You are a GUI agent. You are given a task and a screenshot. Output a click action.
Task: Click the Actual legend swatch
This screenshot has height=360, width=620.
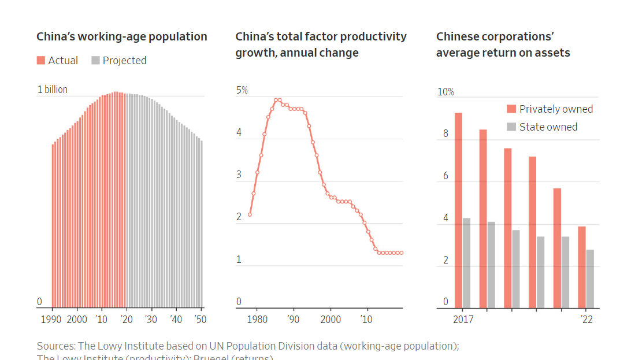coord(41,61)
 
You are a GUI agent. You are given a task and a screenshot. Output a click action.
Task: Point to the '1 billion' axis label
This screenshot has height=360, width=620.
coord(53,90)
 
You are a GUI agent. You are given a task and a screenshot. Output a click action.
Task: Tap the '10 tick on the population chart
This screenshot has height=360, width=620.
coord(101,319)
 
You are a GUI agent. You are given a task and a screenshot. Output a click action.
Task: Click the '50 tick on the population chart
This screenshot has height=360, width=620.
coord(200,319)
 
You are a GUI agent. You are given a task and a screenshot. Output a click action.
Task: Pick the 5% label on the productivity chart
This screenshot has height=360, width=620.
coord(242,90)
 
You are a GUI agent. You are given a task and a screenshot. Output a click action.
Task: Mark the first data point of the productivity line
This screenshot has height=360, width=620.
coord(250,214)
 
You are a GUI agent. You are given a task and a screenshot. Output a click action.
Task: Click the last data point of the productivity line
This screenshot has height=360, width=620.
coord(401,253)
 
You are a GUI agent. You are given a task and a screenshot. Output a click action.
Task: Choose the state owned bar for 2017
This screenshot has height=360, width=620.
coord(466,262)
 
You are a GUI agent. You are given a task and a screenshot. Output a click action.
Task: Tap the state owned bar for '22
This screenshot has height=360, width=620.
coord(590,279)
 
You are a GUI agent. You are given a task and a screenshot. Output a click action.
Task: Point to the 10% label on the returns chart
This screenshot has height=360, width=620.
coord(445,92)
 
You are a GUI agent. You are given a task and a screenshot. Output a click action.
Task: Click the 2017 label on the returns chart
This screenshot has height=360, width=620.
coord(462,319)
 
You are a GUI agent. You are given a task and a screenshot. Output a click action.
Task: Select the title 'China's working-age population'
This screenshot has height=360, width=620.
coord(122,36)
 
